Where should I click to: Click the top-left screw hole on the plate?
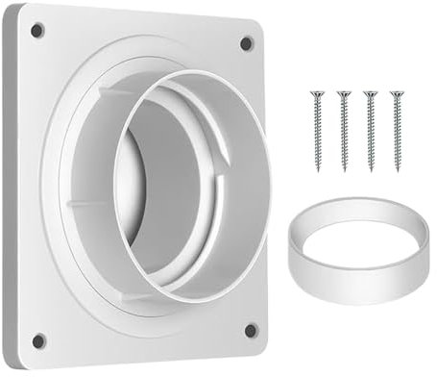tap(36, 30)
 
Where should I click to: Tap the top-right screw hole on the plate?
tap(246, 43)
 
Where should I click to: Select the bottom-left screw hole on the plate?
tap(38, 340)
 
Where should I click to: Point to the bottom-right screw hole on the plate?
tap(251, 330)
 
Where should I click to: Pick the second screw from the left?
tap(343, 130)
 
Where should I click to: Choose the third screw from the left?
tap(370, 130)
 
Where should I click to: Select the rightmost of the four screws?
tap(396, 130)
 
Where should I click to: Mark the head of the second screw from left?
tap(342, 93)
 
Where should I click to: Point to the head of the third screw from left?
tap(369, 93)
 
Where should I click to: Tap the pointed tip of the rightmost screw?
tap(397, 170)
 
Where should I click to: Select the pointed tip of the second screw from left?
tap(344, 170)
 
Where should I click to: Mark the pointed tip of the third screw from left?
tap(371, 170)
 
